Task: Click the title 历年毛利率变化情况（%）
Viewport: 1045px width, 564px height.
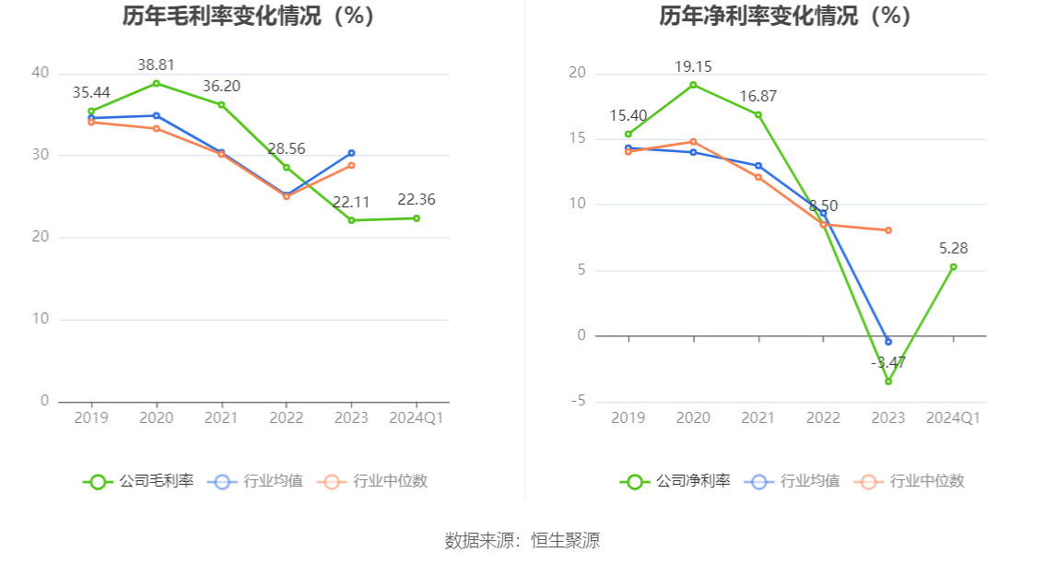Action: (x=249, y=16)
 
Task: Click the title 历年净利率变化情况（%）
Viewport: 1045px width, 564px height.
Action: (x=785, y=16)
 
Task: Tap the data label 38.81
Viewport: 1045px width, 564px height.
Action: (x=156, y=65)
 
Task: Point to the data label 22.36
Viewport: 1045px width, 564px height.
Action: (x=417, y=200)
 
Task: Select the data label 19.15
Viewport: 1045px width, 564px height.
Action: (x=693, y=66)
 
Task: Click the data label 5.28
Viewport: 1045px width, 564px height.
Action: (x=953, y=248)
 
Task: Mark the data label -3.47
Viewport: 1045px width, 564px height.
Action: (x=888, y=362)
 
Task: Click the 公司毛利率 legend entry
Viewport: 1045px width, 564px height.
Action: (x=139, y=481)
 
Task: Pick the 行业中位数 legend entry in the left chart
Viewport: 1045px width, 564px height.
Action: (x=372, y=481)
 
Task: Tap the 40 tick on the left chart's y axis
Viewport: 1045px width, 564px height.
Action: (x=41, y=73)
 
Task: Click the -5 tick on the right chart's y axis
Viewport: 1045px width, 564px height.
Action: (x=578, y=401)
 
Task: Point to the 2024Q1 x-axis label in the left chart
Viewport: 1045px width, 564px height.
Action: (x=417, y=417)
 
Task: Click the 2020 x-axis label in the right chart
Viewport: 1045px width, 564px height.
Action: (x=693, y=417)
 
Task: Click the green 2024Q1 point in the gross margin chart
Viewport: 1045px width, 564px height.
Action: (x=417, y=218)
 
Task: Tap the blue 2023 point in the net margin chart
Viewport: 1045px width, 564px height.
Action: (x=888, y=342)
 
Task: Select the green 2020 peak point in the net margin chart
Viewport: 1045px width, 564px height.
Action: (x=693, y=85)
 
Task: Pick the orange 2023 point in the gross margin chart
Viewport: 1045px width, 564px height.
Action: (x=351, y=165)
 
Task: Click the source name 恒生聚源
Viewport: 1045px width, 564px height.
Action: (x=565, y=541)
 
